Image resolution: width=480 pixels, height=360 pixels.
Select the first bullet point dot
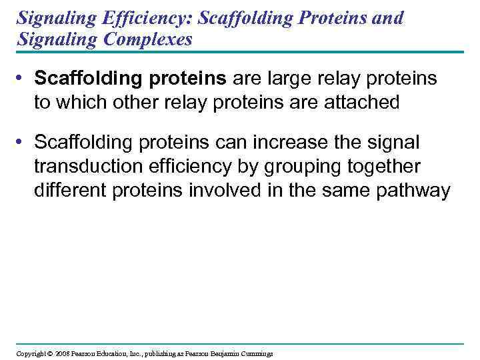pos(22,79)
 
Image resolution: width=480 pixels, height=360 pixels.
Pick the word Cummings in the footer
pos(257,353)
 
